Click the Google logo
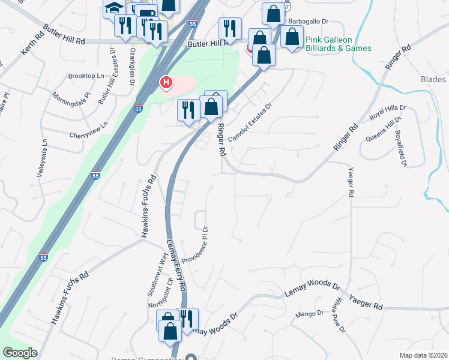pos(20,353)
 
